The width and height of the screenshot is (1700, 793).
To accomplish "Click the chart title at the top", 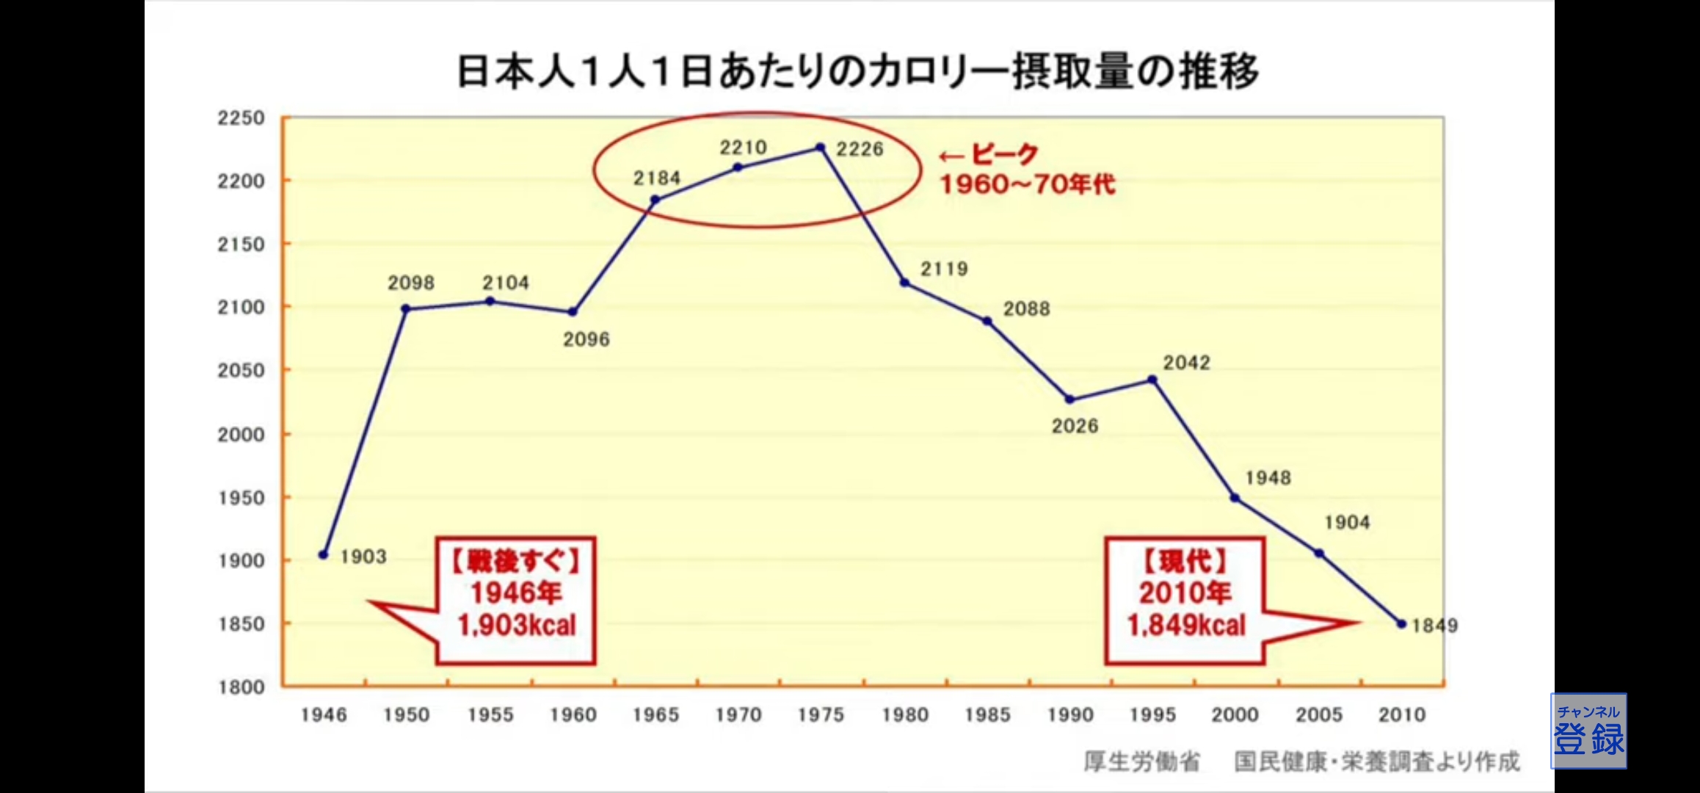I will coord(857,72).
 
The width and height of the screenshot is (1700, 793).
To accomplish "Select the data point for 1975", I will coord(821,148).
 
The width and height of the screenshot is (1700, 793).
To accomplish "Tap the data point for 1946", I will coord(324,554).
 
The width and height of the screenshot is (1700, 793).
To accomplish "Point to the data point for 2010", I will coord(1401,624).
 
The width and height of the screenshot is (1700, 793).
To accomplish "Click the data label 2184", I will coord(657,178).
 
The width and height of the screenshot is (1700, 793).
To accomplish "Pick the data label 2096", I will coord(586,339).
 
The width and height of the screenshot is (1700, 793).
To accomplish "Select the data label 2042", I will coord(1186,363).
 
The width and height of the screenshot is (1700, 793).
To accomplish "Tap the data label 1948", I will coord(1268,478).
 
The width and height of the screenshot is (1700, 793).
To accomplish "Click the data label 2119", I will coord(944,269).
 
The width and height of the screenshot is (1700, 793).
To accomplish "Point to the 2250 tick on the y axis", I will coord(241,118).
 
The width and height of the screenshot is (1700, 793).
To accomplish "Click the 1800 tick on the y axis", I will coord(241,687).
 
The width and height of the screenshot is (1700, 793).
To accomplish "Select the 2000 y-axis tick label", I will coord(241,435).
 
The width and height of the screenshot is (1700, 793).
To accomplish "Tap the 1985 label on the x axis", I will coord(988,715).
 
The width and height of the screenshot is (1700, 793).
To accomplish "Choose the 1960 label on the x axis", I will coord(573,715).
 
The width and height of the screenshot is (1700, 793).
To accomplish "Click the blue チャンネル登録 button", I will coord(1588,731).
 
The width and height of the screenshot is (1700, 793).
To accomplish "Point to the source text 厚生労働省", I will coord(1141,762).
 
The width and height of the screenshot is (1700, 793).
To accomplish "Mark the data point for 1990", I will coord(1069,399).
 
